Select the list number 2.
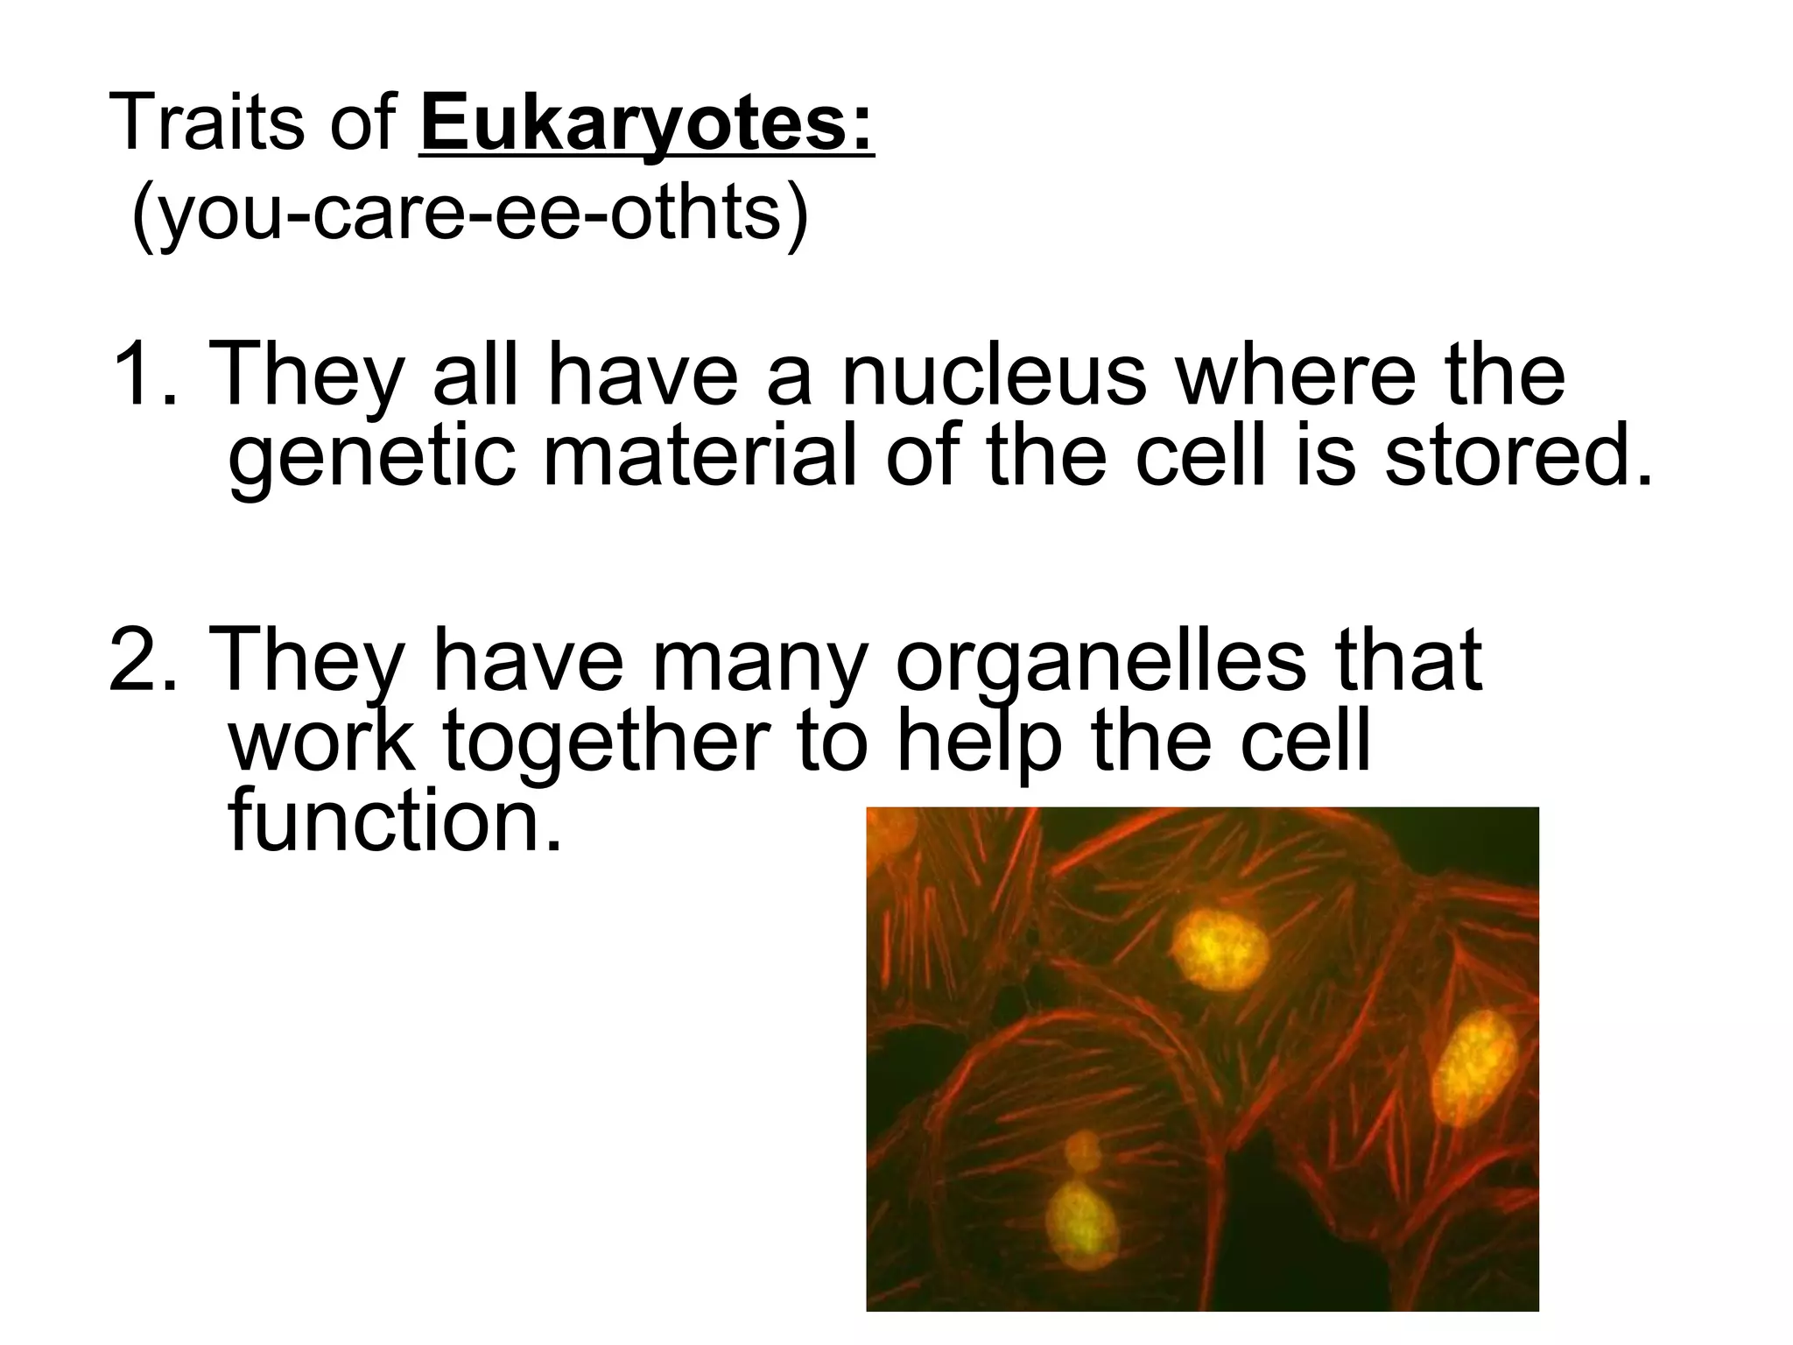[x=136, y=658]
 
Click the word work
[x=321, y=741]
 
